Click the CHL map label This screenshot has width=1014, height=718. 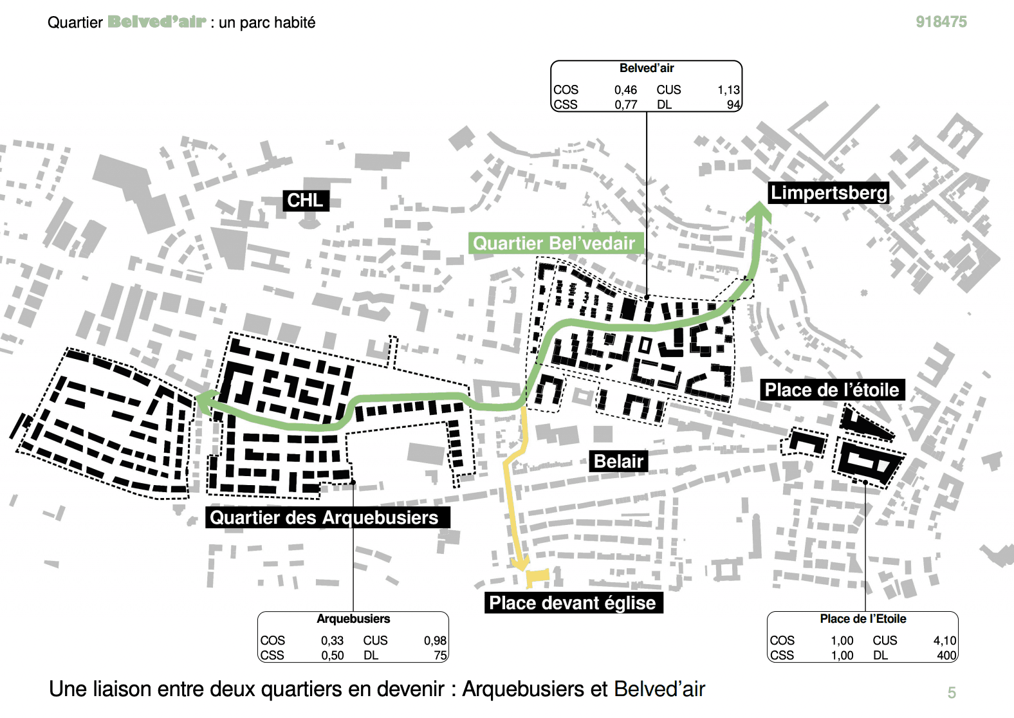[x=306, y=200]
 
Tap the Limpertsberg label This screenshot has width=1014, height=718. [x=829, y=193]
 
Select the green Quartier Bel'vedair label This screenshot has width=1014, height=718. [x=554, y=243]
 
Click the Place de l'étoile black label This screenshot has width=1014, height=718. [x=832, y=390]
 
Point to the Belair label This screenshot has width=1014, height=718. [x=618, y=461]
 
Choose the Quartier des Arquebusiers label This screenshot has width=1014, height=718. [x=324, y=517]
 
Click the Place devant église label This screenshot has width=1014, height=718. [x=573, y=603]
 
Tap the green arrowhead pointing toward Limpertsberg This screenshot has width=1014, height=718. [x=759, y=214]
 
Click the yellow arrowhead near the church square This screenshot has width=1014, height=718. [x=520, y=563]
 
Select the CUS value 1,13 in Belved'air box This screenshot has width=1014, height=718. [x=728, y=90]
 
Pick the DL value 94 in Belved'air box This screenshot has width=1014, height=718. [x=733, y=105]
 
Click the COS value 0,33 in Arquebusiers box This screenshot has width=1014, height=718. [x=332, y=641]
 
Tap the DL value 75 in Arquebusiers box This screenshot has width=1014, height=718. [x=440, y=656]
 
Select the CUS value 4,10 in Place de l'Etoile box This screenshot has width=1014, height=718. [x=945, y=641]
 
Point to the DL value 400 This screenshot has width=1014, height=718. [x=946, y=656]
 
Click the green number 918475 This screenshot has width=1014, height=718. [x=941, y=22]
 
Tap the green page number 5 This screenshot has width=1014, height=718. [x=952, y=693]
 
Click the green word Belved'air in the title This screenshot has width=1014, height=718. [x=156, y=22]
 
